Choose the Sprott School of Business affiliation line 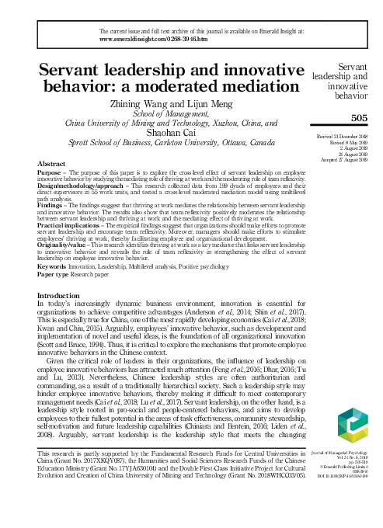pyautogui.click(x=164, y=144)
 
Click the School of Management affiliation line pyautogui.click(x=164, y=112)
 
